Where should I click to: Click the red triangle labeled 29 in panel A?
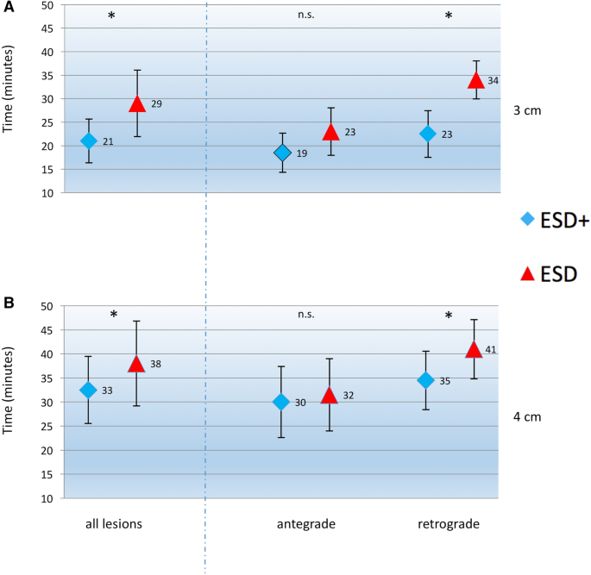pos(136,103)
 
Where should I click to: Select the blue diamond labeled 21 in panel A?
pos(89,141)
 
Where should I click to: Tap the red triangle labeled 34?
pos(475,80)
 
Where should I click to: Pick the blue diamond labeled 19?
pos(282,153)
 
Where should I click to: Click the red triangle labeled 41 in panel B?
pos(474,349)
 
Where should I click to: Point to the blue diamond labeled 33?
pos(88,390)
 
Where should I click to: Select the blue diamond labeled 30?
pos(281,402)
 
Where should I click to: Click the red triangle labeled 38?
pos(136,364)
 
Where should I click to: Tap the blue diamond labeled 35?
pos(425,380)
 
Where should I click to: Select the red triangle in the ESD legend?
pos(530,273)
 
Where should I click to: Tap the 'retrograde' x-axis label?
pos(448,524)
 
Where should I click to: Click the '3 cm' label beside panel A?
pos(527,111)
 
